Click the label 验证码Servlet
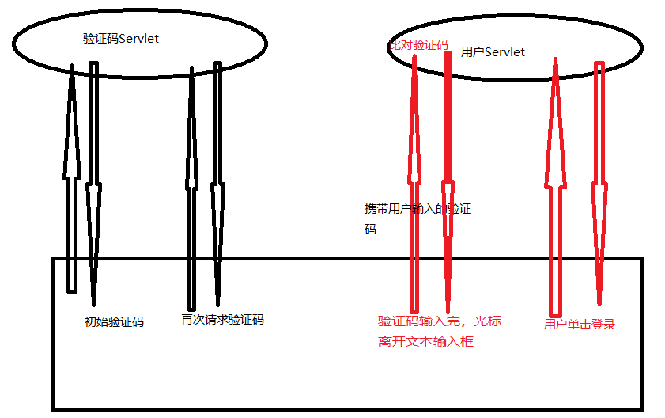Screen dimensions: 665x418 [121, 38]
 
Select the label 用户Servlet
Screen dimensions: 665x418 [493, 51]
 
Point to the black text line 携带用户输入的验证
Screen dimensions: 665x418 [418, 209]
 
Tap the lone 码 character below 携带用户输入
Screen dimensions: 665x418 [370, 230]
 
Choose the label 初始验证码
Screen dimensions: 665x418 [114, 322]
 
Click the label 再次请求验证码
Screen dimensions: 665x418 [222, 320]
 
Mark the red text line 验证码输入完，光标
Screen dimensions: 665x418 [439, 321]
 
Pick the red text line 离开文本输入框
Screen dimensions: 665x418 [425, 342]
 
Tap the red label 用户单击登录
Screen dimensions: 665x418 [580, 324]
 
